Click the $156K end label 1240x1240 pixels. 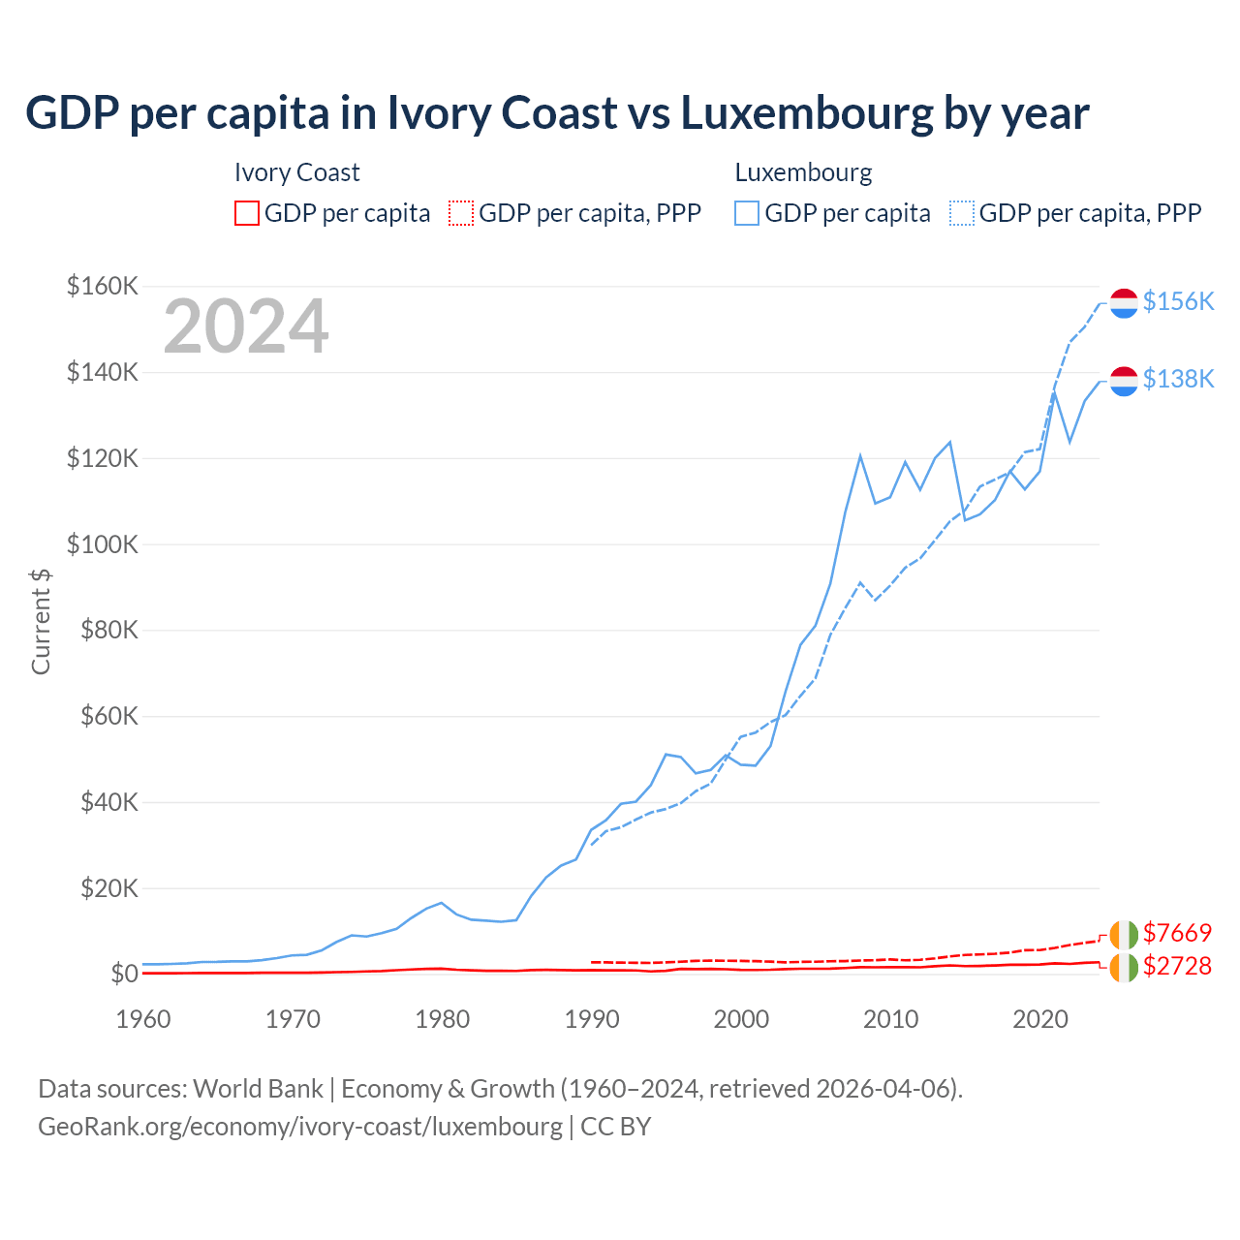pyautogui.click(x=1178, y=301)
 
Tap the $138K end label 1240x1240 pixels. pyautogui.click(x=1178, y=379)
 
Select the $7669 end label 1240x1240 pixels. pyautogui.click(x=1177, y=933)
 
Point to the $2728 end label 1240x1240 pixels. pyautogui.click(x=1177, y=966)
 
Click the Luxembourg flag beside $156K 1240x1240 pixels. pyautogui.click(x=1124, y=302)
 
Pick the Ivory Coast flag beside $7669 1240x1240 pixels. pyautogui.click(x=1124, y=935)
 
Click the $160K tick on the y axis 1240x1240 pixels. pyautogui.click(x=103, y=287)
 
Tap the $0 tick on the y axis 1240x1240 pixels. pyautogui.click(x=124, y=974)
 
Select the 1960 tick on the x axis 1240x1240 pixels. pyautogui.click(x=143, y=1019)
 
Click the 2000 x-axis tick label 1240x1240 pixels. pyautogui.click(x=741, y=1019)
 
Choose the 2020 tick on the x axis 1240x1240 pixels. pyautogui.click(x=1040, y=1019)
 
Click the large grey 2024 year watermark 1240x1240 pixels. pyautogui.click(x=246, y=326)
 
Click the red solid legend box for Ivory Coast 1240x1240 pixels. pyautogui.click(x=247, y=213)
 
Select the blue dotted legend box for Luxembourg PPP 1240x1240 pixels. pyautogui.click(x=962, y=213)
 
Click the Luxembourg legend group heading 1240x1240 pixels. pyautogui.click(x=803, y=172)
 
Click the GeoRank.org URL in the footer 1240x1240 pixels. pyautogui.click(x=300, y=1127)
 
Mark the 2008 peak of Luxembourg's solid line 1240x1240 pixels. pyautogui.click(x=860, y=455)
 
